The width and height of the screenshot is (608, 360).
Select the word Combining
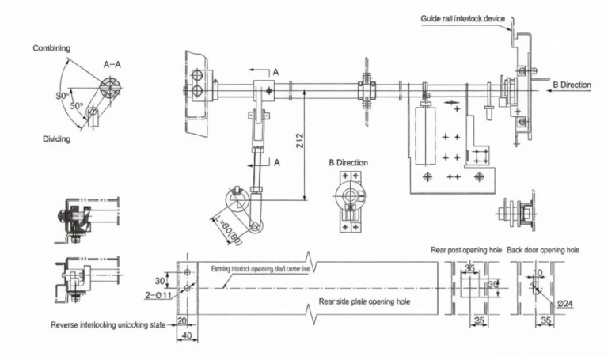tap(51, 48)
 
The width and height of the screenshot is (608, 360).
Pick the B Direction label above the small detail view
tap(348, 162)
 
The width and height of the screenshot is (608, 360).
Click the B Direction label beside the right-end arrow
tap(571, 85)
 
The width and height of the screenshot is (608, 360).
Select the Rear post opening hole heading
tap(466, 250)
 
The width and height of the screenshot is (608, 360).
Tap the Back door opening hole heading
tap(542, 250)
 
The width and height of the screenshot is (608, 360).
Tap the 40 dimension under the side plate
tap(186, 335)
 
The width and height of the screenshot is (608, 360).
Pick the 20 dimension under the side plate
tap(182, 320)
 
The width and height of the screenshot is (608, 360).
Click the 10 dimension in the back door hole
tap(539, 273)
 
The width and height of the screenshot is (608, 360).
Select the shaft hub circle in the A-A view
tap(109, 87)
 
